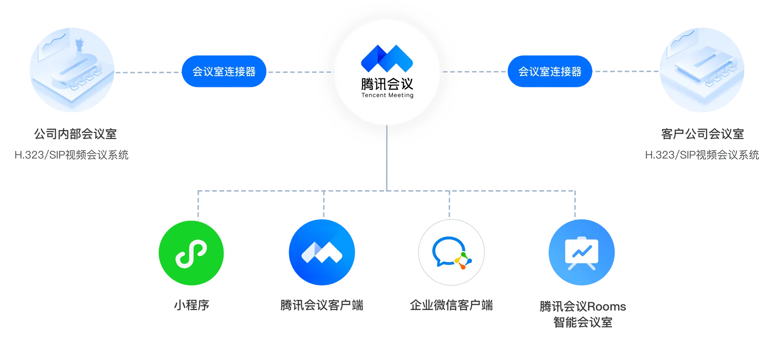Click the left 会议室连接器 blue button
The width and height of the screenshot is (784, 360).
pyautogui.click(x=224, y=71)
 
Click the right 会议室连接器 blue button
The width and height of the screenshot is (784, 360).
pyautogui.click(x=550, y=71)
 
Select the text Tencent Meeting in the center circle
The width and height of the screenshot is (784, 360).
pyautogui.click(x=387, y=95)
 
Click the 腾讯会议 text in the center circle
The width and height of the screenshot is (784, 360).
pyautogui.click(x=387, y=84)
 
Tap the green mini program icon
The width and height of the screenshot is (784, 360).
pyautogui.click(x=191, y=253)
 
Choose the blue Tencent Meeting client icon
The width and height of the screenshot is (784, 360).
pyautogui.click(x=322, y=252)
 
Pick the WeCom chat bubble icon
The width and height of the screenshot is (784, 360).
pyautogui.click(x=452, y=253)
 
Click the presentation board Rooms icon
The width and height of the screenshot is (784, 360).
pyautogui.click(x=581, y=252)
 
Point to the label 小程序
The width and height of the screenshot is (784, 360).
pyautogui.click(x=191, y=305)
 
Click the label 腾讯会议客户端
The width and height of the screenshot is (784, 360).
pyautogui.click(x=322, y=305)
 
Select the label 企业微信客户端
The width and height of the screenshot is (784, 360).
pyautogui.click(x=451, y=305)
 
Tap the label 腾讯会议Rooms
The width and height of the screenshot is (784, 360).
pyautogui.click(x=583, y=306)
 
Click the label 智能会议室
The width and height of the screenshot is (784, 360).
pyautogui.click(x=583, y=322)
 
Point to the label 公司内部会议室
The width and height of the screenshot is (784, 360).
pyautogui.click(x=75, y=134)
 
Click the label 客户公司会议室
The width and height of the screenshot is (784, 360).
pyautogui.click(x=702, y=134)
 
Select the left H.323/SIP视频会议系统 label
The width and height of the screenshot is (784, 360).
pyautogui.click(x=71, y=155)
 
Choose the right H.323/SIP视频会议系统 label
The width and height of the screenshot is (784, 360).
pyautogui.click(x=702, y=155)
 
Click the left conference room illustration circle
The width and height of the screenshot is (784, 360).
pyautogui.click(x=72, y=70)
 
